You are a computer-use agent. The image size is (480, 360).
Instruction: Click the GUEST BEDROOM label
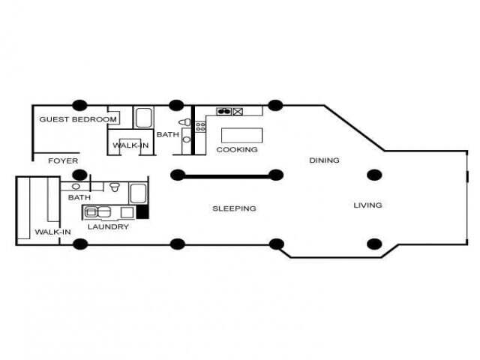78,119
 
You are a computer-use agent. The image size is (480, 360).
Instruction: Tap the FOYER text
63,161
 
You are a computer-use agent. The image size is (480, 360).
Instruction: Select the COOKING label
237,149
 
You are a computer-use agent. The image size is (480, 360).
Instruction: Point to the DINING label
324,160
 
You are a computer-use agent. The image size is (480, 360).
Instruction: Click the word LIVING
367,205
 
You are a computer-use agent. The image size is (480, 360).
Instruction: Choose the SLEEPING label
234,208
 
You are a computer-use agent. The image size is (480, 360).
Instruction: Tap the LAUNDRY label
108,226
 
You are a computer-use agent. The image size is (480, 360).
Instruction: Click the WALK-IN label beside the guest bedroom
130,145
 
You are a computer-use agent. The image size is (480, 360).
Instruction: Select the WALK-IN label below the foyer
52,232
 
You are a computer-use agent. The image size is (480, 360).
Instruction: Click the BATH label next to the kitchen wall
168,135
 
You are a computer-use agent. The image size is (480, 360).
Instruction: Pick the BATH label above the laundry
79,198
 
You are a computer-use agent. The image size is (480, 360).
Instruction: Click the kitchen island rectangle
243,134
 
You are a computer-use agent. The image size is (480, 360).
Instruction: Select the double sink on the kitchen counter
223,112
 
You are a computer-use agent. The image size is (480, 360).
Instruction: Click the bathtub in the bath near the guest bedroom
144,117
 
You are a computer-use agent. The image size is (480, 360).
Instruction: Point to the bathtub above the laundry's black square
139,193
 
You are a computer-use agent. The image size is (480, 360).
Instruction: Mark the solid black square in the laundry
142,212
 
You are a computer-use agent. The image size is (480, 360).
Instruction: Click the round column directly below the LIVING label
374,243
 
